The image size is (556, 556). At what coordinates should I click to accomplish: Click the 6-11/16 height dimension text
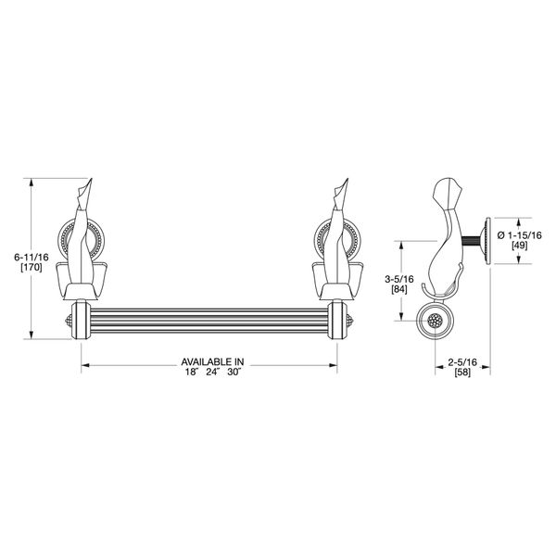(32, 257)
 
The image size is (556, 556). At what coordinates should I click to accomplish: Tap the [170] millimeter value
(32, 268)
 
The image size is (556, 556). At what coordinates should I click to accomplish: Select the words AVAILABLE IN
(213, 362)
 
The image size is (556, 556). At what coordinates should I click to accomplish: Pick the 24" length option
(214, 372)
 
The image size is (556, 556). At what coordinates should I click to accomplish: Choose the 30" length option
(234, 372)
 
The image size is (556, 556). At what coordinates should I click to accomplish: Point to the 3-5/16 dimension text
(399, 279)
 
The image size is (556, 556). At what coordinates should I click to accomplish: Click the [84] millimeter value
(399, 289)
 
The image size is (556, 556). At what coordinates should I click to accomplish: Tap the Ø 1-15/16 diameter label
(520, 235)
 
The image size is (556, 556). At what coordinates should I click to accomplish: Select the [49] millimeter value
(520, 246)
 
